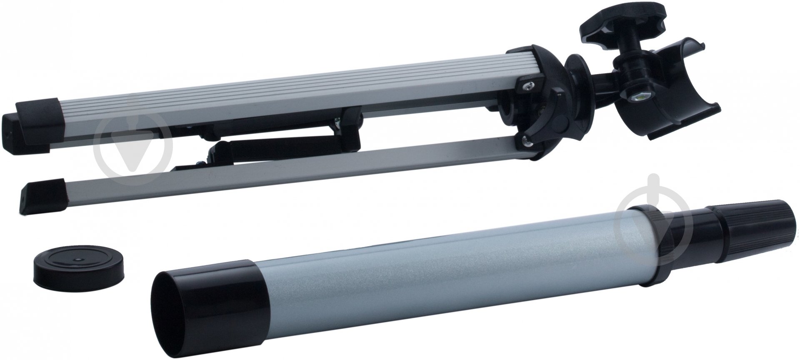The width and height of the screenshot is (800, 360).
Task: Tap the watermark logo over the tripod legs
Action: click(x=132, y=146)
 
